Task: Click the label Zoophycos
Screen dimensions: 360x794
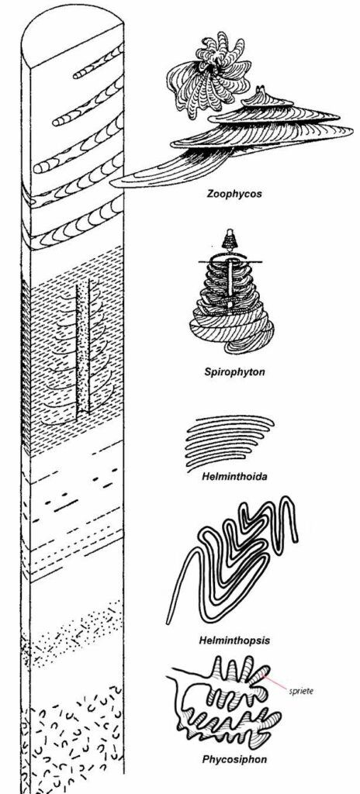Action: pos(234,194)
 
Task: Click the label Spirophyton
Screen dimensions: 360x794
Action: pos(234,372)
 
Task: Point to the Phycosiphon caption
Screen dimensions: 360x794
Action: pos(234,760)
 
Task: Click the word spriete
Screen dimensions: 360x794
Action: pos(301,691)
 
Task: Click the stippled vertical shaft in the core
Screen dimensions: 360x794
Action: pos(83,350)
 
